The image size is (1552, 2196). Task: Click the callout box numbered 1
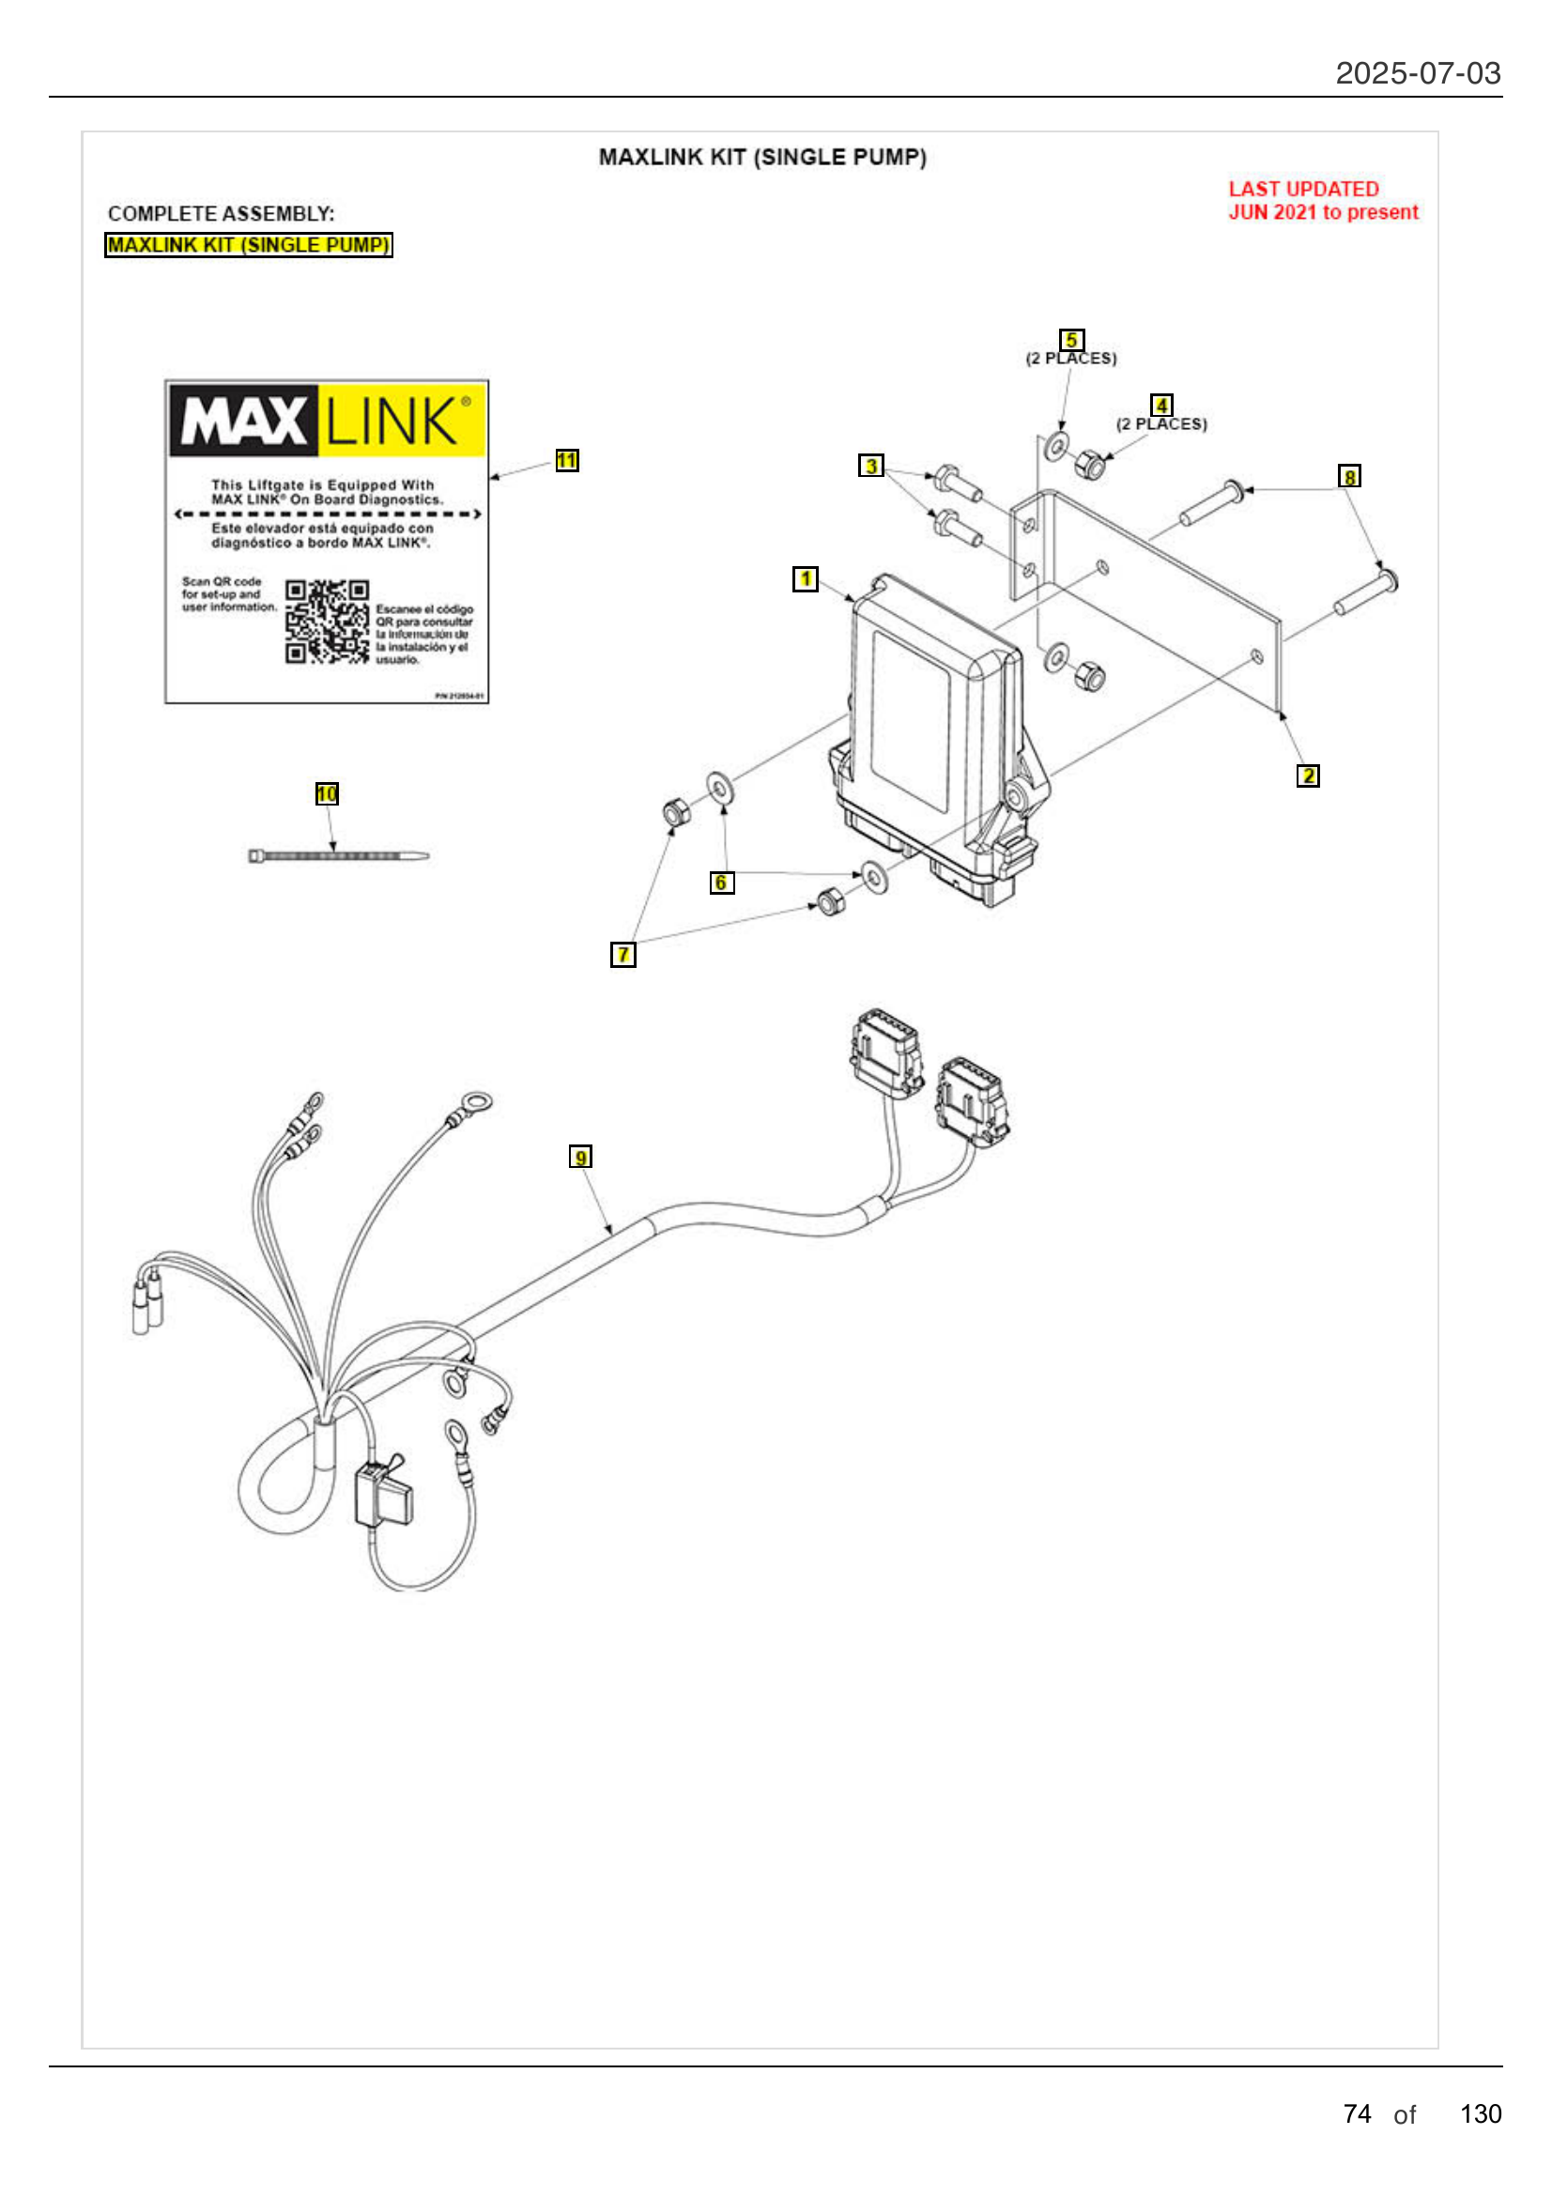click(x=806, y=578)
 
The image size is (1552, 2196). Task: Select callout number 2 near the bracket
click(x=1307, y=776)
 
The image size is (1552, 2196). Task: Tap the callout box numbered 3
click(x=870, y=466)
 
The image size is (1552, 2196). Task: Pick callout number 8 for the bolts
click(x=1348, y=476)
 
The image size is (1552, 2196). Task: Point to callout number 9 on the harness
click(x=580, y=1158)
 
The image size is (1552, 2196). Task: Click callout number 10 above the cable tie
click(x=327, y=794)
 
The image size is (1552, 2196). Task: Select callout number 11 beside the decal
click(x=566, y=461)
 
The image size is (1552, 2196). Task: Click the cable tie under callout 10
click(x=338, y=856)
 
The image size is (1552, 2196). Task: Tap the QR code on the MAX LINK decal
click(x=326, y=622)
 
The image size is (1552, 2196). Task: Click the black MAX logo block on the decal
click(x=243, y=421)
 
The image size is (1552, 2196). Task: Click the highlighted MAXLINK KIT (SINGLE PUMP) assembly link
click(x=248, y=245)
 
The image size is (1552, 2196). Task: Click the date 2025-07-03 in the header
click(x=1417, y=73)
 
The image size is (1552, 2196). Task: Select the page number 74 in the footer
click(x=1356, y=2113)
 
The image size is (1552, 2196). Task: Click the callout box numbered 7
click(x=622, y=955)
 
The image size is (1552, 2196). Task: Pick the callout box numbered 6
click(x=721, y=883)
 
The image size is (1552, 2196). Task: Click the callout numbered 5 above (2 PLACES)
click(x=1071, y=341)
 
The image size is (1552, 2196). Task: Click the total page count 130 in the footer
click(x=1480, y=2113)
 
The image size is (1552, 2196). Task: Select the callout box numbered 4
click(x=1160, y=406)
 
